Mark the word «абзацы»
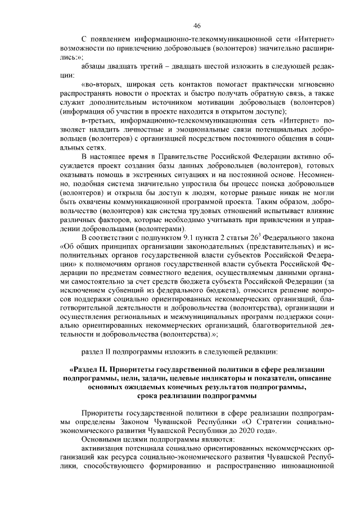coord(94,66)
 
